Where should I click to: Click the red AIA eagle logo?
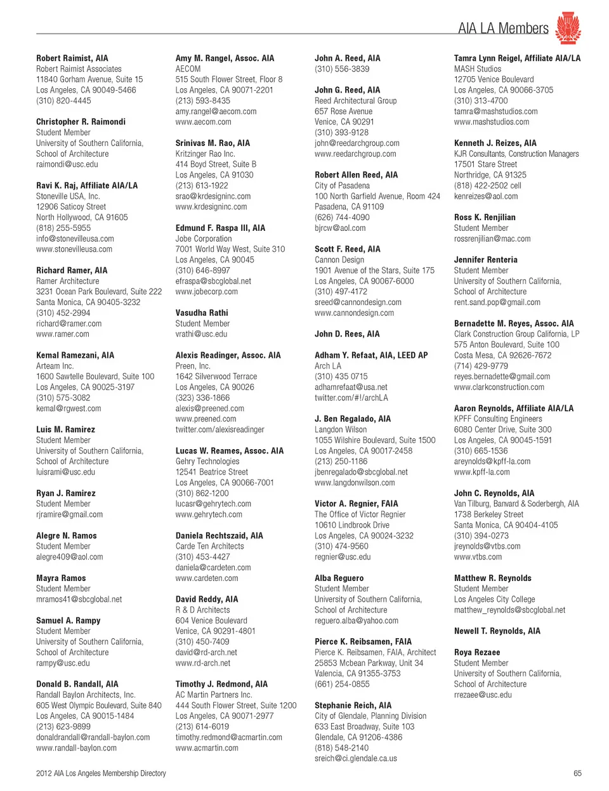(x=568, y=28)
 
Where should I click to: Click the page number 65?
(x=577, y=773)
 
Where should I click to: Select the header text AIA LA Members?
(x=503, y=29)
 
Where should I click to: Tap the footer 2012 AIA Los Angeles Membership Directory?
(x=101, y=773)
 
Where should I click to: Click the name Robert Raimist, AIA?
(x=72, y=58)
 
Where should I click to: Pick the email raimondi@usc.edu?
(x=67, y=164)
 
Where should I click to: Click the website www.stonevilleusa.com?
(x=74, y=249)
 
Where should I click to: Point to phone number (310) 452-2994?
(x=63, y=313)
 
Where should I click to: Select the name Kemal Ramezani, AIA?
(x=75, y=355)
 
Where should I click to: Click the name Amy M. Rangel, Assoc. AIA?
(x=225, y=58)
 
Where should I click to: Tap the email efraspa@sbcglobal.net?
(x=213, y=281)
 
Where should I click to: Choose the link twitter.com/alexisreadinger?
(x=219, y=429)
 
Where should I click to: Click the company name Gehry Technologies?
(x=207, y=461)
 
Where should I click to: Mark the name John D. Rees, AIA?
(x=347, y=334)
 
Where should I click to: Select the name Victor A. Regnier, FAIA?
(x=357, y=504)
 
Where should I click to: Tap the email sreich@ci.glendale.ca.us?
(x=356, y=758)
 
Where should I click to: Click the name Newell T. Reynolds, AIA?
(x=497, y=631)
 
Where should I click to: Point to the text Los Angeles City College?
(x=494, y=599)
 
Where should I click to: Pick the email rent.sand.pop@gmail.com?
(x=497, y=303)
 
